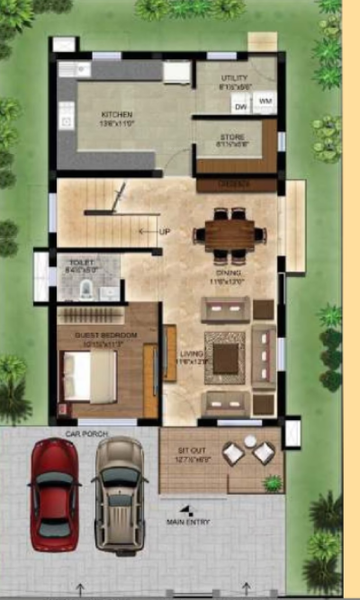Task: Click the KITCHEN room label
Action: tap(117, 115)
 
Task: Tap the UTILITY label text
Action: tap(233, 78)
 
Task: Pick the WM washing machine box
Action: tap(264, 102)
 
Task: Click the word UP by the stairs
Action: tap(165, 231)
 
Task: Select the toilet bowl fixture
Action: tap(83, 289)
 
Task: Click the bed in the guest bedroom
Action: tap(88, 375)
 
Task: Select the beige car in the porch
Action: tap(119, 490)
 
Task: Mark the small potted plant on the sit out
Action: tap(272, 483)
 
